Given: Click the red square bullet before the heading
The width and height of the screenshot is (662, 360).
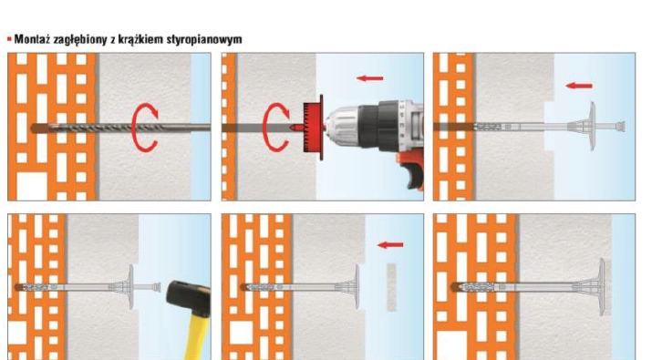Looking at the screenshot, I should click(x=9, y=39).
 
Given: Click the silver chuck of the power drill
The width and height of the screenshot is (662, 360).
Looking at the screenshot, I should click(x=351, y=126).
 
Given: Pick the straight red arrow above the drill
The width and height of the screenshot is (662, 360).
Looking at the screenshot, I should click(x=369, y=79).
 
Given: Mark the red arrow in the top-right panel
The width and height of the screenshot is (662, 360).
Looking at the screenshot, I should click(x=579, y=87).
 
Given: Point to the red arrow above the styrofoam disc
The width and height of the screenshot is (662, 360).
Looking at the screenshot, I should click(x=391, y=245).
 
